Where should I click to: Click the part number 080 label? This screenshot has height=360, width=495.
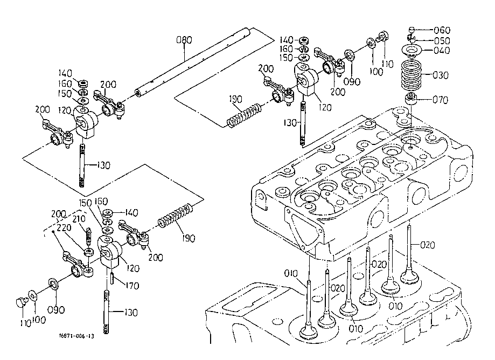(x=184, y=39)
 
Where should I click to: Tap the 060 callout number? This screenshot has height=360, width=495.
(x=442, y=30)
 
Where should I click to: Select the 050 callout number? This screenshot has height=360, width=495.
(x=442, y=40)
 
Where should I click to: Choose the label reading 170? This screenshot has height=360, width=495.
(x=131, y=286)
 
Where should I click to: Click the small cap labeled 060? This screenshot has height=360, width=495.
(x=412, y=30)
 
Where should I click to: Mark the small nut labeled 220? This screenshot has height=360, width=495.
(x=86, y=251)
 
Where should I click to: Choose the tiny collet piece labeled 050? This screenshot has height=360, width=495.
(x=411, y=39)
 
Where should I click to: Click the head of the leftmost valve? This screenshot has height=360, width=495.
(x=308, y=330)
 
